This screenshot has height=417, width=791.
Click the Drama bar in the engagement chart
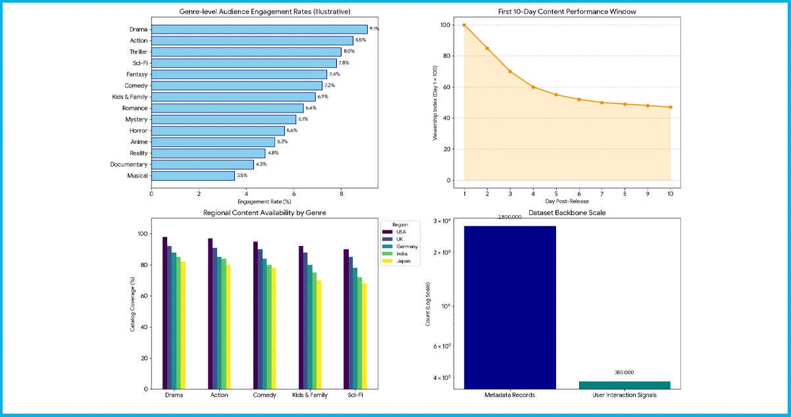coord(259,29)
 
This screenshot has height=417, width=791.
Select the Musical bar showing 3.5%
coord(193,176)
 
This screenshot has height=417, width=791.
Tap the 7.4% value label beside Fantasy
coord(334,74)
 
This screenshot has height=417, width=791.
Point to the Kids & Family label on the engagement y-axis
coord(130,97)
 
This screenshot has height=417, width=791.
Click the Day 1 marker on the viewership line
coord(464,25)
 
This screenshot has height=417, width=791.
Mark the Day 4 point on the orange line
coord(533,87)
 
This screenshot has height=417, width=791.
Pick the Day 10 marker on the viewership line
coord(671,107)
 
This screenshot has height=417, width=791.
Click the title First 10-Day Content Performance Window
coord(567,12)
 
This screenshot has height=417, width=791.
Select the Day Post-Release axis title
coord(567,201)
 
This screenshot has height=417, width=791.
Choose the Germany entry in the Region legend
coord(406,246)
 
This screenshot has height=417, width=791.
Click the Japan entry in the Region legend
coord(403,261)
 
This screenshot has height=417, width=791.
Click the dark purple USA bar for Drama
coord(165,312)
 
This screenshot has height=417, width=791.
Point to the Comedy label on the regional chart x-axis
coord(265,395)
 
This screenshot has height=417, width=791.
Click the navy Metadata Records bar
coord(509,307)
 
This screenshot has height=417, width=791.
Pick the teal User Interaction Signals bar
coord(624,385)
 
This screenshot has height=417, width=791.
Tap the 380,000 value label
coord(624,372)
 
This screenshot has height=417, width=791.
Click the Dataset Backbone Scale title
coord(567,212)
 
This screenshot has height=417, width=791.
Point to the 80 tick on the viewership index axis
coord(447,56)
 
